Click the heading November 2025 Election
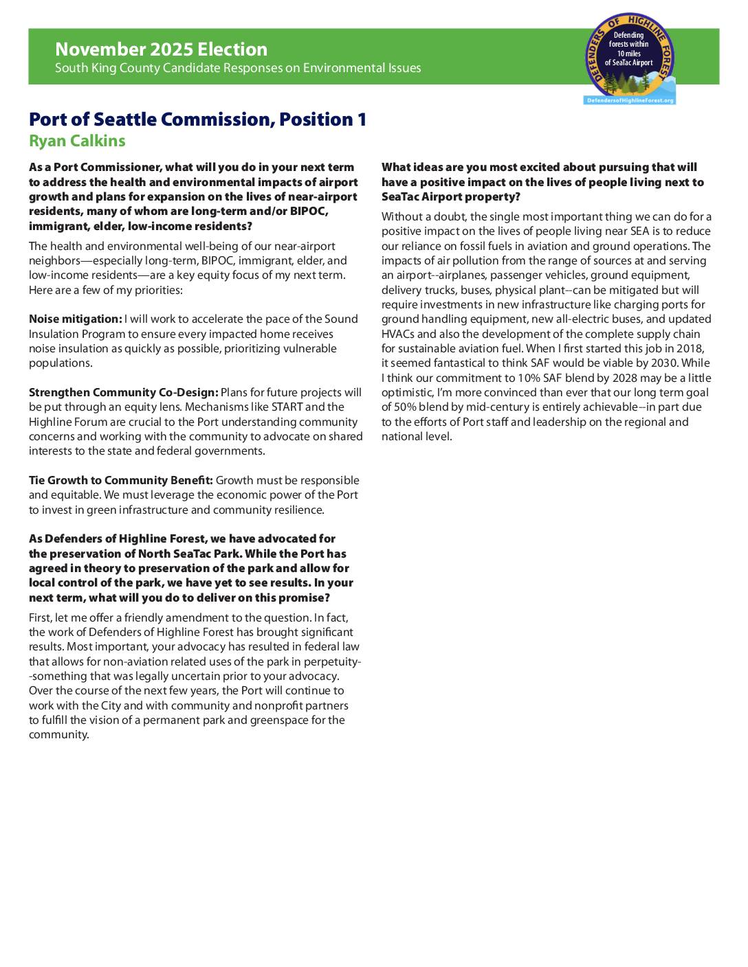161,49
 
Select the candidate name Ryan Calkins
77,141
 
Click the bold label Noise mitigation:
75,319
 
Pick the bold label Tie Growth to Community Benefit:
121,480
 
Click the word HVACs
398,334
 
